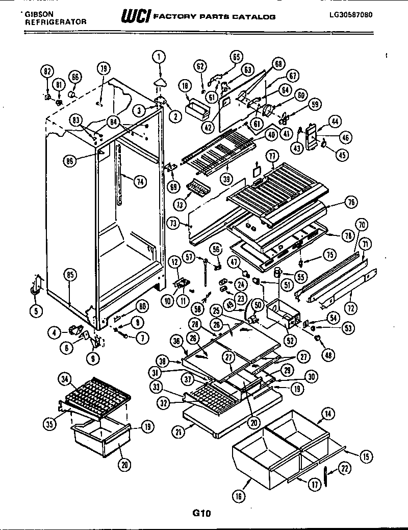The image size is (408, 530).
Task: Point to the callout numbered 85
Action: pos(70,274)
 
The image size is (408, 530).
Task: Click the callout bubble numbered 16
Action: pos(239,495)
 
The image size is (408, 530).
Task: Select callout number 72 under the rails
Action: pos(351,307)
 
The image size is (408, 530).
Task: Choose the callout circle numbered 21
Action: pos(177,432)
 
